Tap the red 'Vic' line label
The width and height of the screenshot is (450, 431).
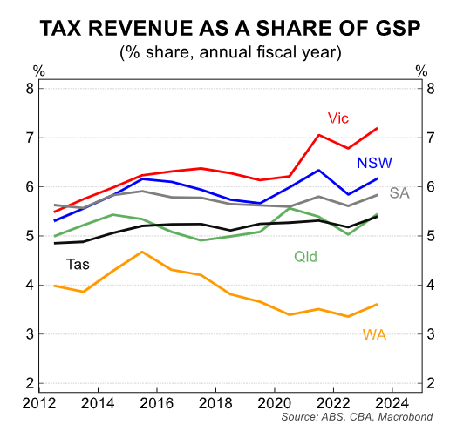[x=338, y=118]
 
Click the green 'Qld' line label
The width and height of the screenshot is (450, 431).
[x=304, y=256]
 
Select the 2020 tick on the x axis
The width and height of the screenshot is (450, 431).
[x=275, y=402]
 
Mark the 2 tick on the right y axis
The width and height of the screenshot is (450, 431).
[x=430, y=383]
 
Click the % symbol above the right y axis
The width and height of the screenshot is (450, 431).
[x=423, y=70]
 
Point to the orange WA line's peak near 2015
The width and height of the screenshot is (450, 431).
[x=142, y=252]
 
